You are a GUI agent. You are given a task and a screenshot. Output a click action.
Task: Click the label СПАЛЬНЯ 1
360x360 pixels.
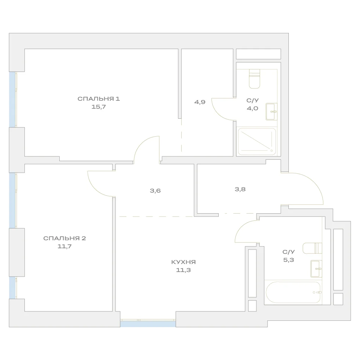click(x=99, y=99)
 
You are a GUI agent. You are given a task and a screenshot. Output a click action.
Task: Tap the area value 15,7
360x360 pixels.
click(x=99, y=107)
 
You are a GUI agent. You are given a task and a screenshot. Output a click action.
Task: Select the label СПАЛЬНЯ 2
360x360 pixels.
click(x=64, y=238)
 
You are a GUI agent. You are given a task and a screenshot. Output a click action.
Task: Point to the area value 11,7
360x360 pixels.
click(x=64, y=247)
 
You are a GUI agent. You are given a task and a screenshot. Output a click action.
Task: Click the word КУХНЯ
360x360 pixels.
click(x=183, y=262)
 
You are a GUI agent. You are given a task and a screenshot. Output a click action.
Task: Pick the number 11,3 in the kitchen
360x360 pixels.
click(x=183, y=270)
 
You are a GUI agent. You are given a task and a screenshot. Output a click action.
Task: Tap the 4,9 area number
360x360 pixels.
click(x=200, y=102)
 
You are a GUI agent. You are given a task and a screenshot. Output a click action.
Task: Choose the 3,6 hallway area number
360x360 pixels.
click(x=155, y=191)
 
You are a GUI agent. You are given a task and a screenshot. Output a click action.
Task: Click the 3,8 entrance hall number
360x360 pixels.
click(x=240, y=190)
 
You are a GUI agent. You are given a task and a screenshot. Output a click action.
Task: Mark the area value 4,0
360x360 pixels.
click(x=252, y=108)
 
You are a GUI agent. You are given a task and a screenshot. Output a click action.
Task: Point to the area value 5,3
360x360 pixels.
click(x=288, y=260)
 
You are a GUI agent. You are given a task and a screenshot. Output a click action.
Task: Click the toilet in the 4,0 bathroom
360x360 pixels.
click(x=254, y=79)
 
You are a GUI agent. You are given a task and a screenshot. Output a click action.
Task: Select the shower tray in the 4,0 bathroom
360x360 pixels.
click(x=257, y=141)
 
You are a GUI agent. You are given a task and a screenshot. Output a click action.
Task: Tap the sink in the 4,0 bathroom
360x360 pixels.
click(x=272, y=111)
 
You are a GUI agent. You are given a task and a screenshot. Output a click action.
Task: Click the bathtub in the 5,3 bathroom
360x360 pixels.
click(x=293, y=292)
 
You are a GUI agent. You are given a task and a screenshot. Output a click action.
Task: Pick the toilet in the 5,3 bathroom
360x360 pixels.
click(x=312, y=248)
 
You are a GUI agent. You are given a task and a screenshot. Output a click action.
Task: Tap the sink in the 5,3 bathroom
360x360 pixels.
click(x=316, y=269)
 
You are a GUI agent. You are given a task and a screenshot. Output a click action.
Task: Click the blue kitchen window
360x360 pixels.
click(x=148, y=324)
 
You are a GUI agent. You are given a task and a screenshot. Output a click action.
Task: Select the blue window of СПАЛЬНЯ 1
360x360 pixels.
click(x=12, y=100)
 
